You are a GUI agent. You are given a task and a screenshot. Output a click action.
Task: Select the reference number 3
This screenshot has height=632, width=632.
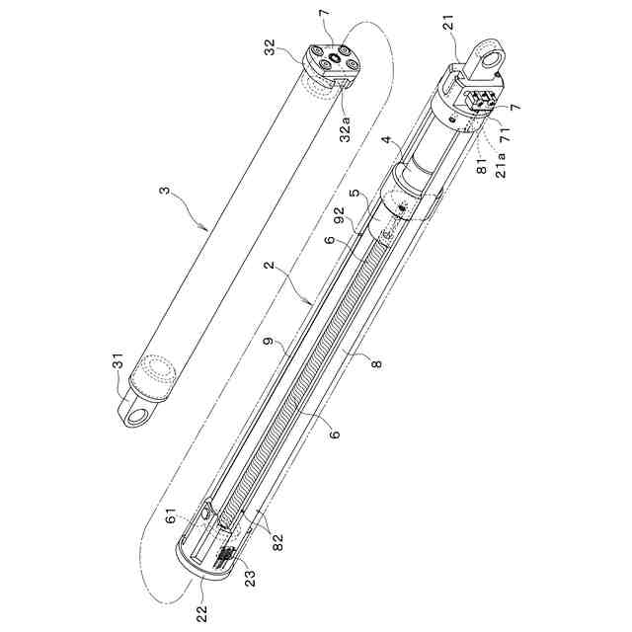(165, 190)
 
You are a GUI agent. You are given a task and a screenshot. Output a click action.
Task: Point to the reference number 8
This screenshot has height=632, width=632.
(376, 364)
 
